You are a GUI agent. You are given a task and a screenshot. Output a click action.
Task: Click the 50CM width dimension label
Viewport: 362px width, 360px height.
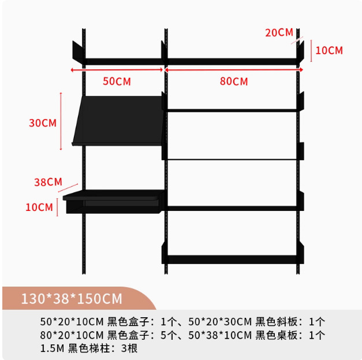(117, 81)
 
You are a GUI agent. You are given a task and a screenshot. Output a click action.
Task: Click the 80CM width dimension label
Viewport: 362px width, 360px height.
(233, 81)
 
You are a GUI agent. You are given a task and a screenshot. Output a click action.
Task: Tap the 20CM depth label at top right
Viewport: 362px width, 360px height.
(279, 32)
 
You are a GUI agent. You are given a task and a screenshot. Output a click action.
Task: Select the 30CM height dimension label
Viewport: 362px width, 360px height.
(43, 123)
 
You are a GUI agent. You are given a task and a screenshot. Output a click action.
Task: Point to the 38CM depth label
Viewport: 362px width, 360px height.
(48, 182)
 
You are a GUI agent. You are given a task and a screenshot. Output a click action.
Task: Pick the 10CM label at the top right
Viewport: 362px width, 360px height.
(329, 50)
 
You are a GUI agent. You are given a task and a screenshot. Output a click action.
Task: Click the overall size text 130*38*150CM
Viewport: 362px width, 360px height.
(72, 299)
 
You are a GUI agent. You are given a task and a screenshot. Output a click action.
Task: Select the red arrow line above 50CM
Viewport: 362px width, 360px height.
(117, 70)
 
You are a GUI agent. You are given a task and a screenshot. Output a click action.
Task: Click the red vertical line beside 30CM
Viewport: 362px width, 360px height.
(61, 121)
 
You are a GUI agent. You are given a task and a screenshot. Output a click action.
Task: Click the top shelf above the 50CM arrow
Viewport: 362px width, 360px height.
(123, 61)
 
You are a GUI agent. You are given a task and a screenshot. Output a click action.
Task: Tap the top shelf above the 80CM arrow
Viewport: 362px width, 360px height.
(233, 61)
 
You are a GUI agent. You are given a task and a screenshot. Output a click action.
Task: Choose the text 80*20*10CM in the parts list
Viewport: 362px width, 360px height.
(72, 335)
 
